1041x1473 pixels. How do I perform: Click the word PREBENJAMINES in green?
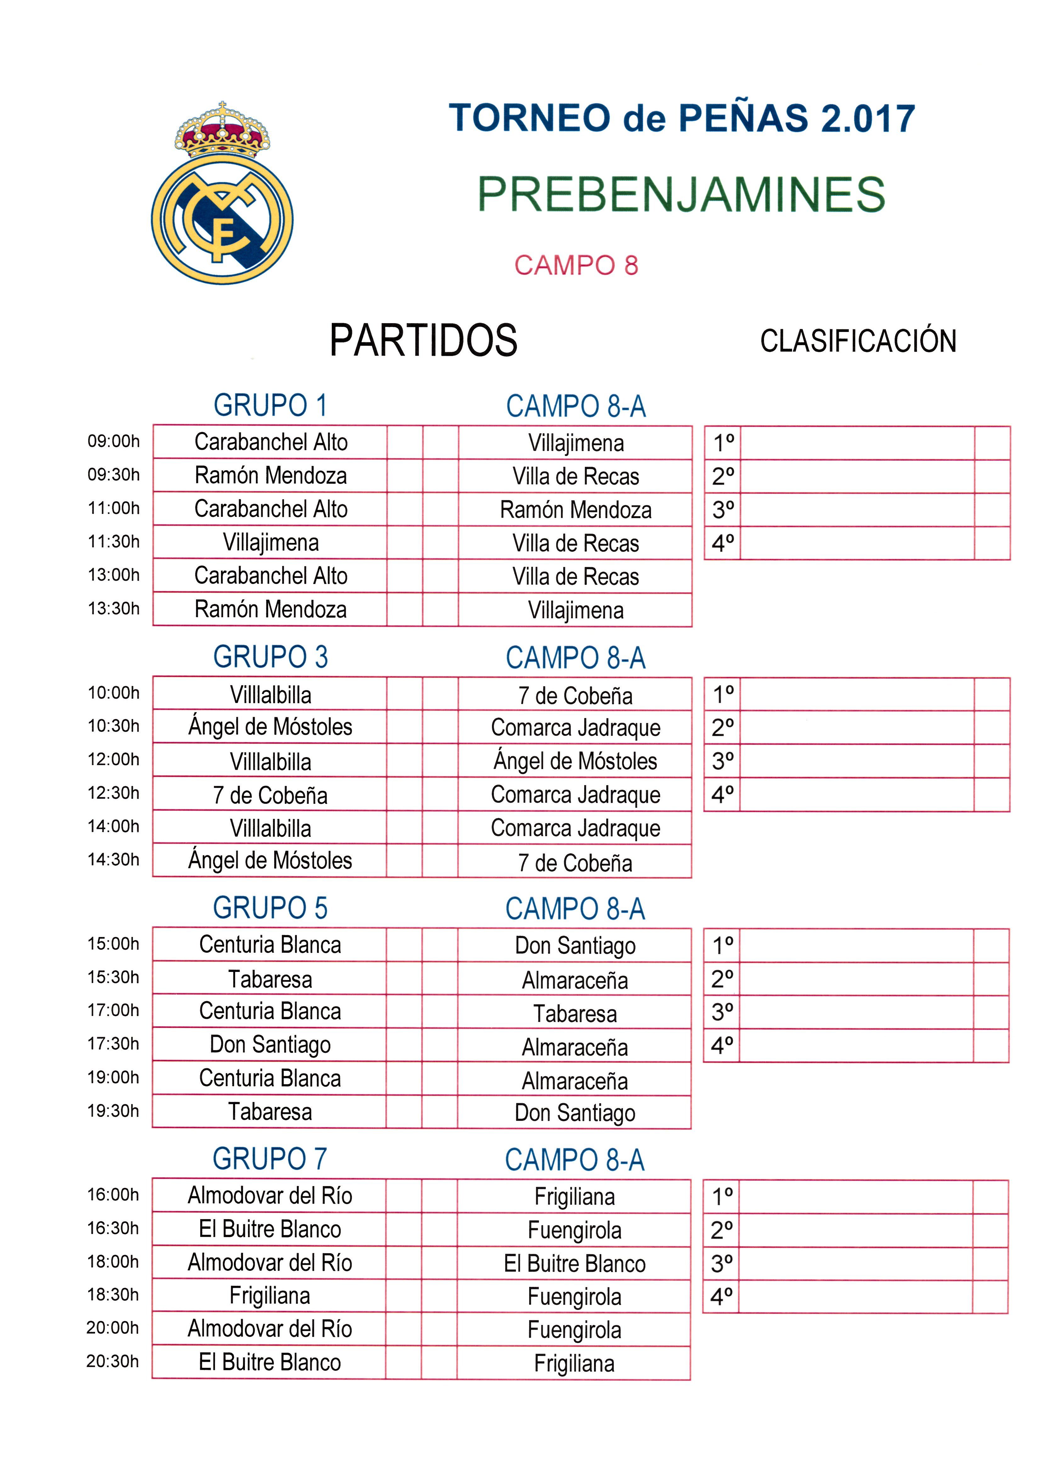(x=681, y=194)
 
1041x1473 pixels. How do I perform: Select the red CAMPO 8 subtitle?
(x=576, y=265)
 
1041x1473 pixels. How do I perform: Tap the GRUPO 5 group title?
(x=270, y=908)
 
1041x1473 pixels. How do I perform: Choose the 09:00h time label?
(x=114, y=441)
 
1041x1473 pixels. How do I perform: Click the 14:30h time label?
(x=114, y=860)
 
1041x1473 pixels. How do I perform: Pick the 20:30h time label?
(x=113, y=1362)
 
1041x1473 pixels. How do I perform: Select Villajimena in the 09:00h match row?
(x=575, y=443)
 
